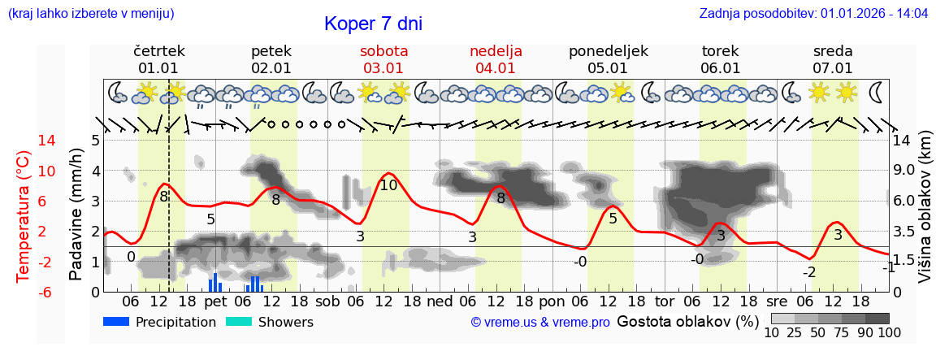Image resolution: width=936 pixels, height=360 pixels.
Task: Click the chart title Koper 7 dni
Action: pos(373,24)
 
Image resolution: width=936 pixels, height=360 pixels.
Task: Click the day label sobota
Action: pos(383,51)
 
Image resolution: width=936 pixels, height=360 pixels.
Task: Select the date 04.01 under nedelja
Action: pos(496,68)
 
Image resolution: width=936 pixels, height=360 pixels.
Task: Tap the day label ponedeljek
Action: pos(609,51)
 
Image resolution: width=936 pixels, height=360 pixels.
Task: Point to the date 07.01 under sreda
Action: pos(833,68)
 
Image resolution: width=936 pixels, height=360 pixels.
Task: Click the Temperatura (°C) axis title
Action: pos(23,216)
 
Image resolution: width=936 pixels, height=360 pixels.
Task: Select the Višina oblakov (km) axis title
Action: pos(925,216)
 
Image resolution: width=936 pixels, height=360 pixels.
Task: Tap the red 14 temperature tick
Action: pos(24,141)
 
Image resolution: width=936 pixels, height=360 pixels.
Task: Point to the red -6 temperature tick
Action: pos(24,292)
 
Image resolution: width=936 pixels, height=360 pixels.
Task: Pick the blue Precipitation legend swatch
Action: pos(116,322)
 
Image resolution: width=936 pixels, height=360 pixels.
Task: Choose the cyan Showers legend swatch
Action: pos(239,322)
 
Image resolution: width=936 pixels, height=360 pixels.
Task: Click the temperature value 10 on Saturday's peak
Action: pos(388,185)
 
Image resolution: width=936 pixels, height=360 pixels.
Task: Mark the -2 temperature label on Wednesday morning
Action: pos(808,272)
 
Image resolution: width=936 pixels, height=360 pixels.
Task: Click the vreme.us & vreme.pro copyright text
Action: pos(540,322)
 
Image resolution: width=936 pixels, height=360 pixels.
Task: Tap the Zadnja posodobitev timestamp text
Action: pos(813,14)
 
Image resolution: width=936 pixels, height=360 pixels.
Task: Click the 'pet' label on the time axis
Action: pos(215,300)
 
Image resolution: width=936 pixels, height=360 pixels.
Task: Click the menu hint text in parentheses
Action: pos(90,14)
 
